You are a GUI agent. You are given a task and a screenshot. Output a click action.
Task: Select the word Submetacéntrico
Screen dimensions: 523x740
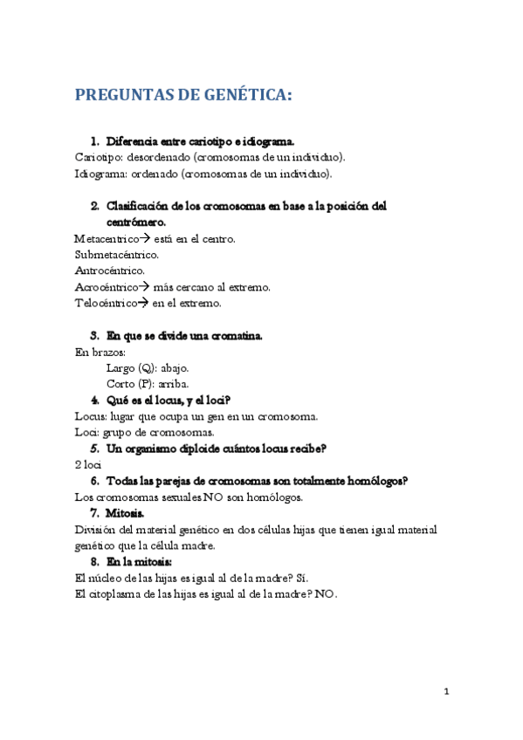(116, 254)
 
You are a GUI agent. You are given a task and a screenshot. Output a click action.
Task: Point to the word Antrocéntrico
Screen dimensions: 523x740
(108, 271)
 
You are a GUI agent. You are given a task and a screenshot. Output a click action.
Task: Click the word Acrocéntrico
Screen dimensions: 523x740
(107, 287)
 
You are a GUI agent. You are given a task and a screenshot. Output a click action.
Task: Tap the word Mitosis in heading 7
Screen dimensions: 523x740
(125, 513)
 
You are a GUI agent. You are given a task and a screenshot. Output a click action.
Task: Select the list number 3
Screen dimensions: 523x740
(94, 335)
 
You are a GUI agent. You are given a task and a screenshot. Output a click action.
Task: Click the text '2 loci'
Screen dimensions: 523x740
(89, 465)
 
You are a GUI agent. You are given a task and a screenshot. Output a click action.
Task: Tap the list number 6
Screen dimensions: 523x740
(94, 481)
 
